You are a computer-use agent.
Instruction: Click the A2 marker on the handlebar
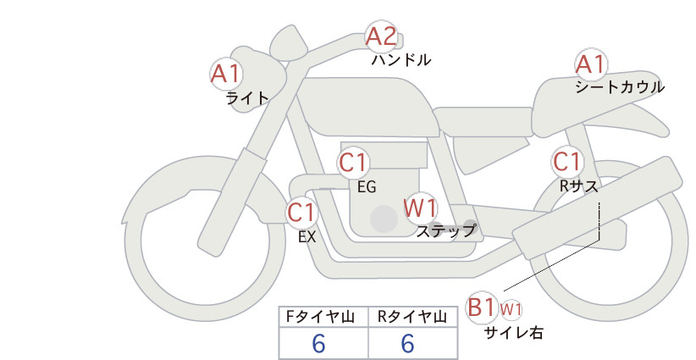[x=381, y=36]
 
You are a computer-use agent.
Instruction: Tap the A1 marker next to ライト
[x=226, y=74]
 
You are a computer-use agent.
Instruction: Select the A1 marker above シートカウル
[x=591, y=65]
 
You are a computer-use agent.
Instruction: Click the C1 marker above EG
[x=353, y=163]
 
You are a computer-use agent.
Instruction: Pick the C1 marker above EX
[x=301, y=212]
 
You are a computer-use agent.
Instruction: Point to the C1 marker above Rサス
[x=567, y=162]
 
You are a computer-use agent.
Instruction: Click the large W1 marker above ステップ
[x=420, y=208]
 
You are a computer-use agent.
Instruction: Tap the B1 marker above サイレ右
[x=481, y=307]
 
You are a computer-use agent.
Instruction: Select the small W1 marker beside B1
[x=511, y=309]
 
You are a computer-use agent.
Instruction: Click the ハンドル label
[x=401, y=60]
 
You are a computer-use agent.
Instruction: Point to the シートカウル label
[x=620, y=87]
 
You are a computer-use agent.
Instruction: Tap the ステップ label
[x=446, y=231]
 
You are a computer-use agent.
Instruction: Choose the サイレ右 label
[x=514, y=333]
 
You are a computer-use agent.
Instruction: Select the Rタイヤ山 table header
[x=412, y=317]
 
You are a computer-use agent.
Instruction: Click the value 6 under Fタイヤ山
[x=318, y=343]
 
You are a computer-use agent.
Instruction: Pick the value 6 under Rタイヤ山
[x=407, y=343]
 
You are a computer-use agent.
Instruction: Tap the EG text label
[x=367, y=187]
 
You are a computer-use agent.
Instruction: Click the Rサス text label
[x=578, y=186]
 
